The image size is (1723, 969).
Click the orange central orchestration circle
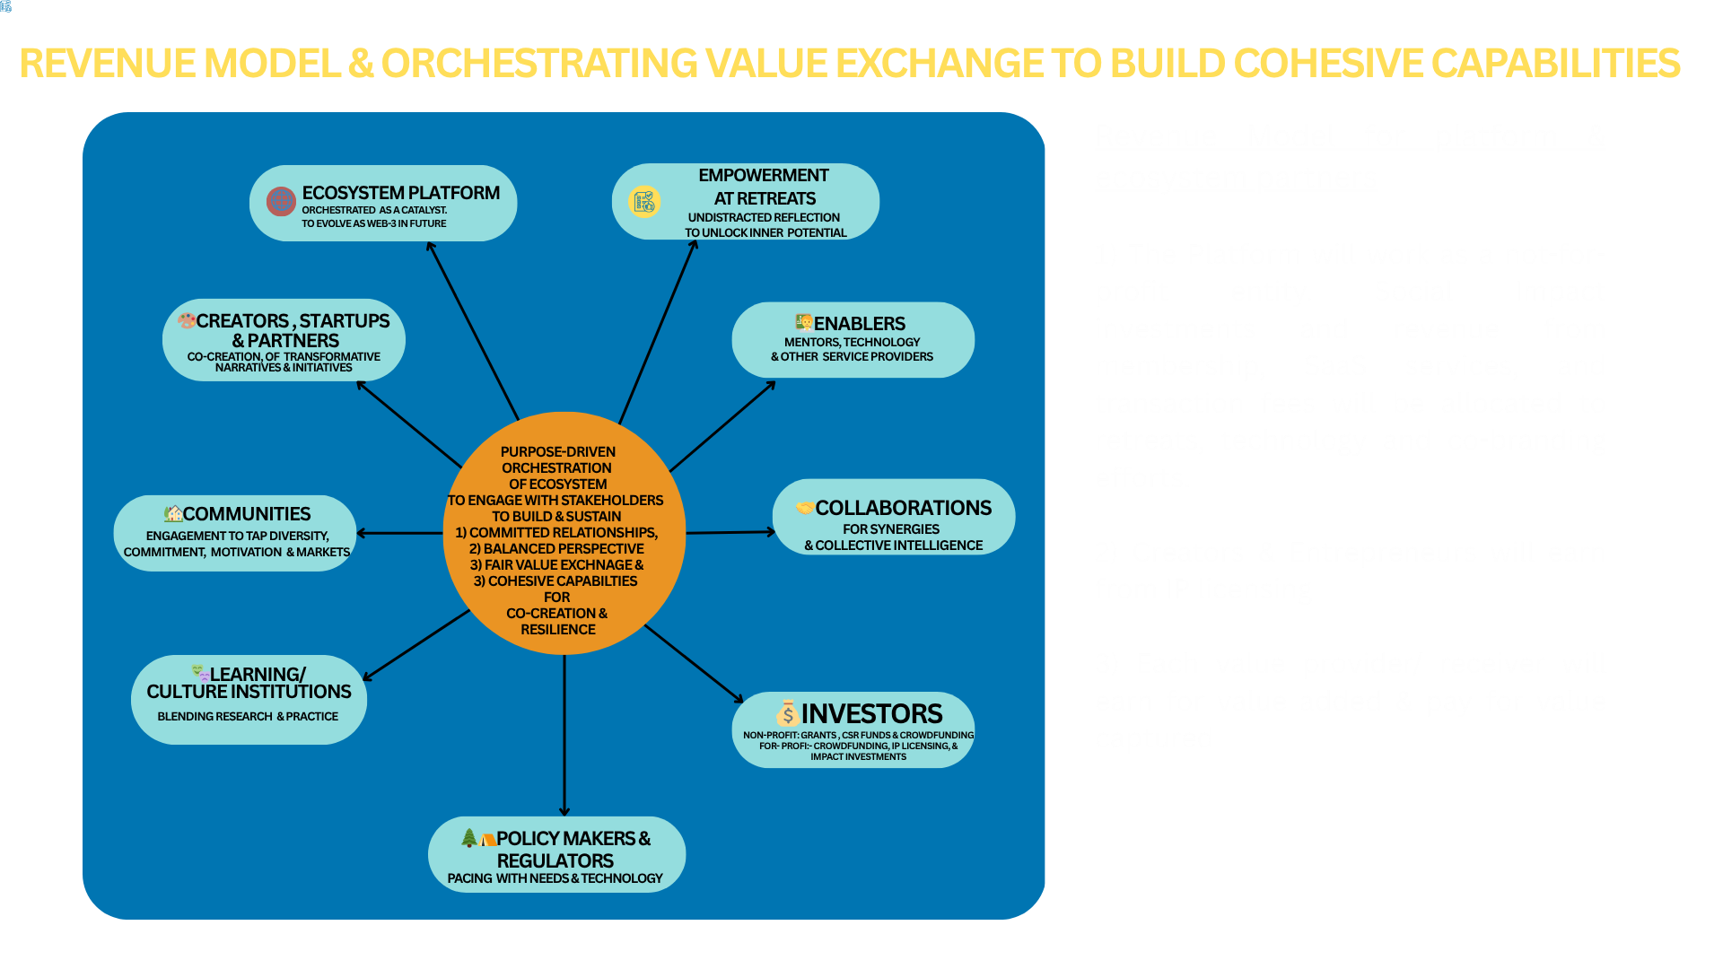coord(564,533)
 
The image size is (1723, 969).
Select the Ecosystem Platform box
coord(383,204)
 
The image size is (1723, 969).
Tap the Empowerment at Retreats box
coord(745,202)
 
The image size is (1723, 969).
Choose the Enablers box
coord(853,340)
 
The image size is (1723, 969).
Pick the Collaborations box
coord(894,518)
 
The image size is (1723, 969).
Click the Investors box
coord(853,729)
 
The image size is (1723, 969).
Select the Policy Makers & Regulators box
coord(556,854)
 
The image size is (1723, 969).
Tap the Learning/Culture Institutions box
coord(249,699)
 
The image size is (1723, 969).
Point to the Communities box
coord(235,533)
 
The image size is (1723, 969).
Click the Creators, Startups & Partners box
coord(284,340)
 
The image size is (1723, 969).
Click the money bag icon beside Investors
coord(787,713)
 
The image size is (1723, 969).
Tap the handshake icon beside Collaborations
coord(804,508)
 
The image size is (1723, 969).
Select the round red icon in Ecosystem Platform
coord(281,201)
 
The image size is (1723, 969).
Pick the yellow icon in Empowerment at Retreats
coord(644,202)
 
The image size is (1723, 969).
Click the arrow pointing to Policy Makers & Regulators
coord(564,736)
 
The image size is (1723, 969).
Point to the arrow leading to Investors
coord(694,663)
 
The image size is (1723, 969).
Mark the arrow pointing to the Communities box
coord(399,533)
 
